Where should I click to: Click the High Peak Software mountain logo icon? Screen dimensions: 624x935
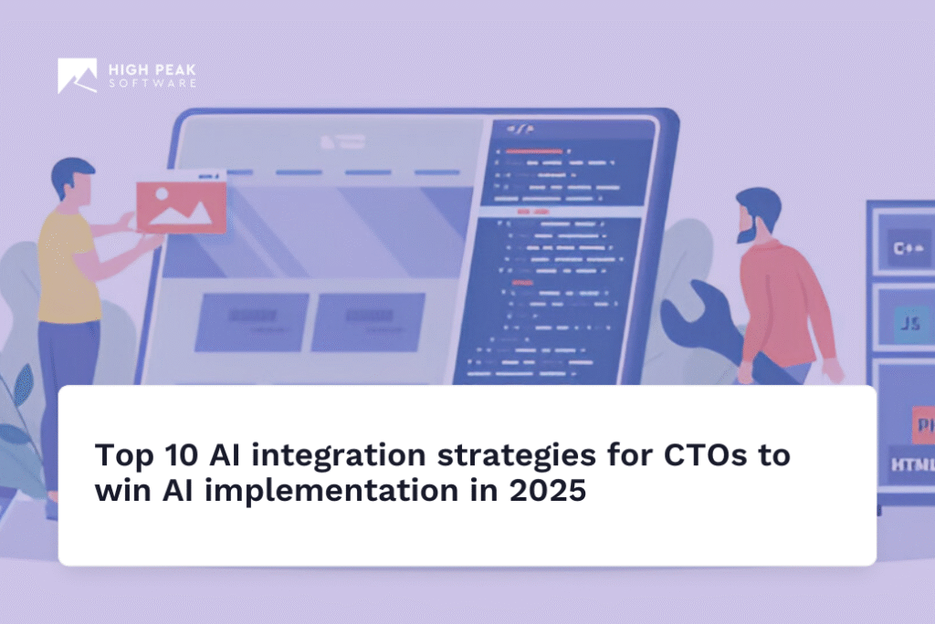click(77, 76)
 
